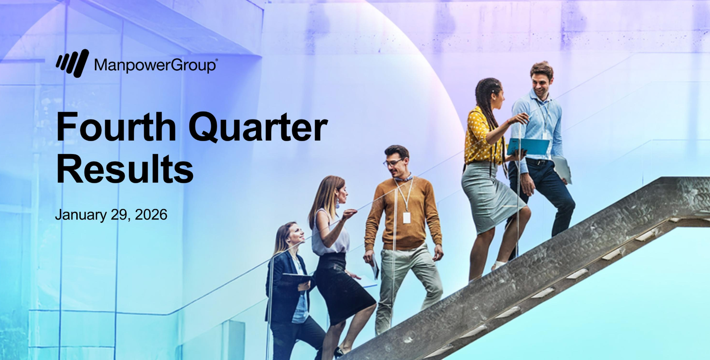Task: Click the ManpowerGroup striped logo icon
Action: coord(73,63)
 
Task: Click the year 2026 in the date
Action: coord(151,215)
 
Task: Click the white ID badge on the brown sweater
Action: coord(406,217)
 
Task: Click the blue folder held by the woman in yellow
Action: coord(528,147)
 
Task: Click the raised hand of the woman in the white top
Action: coord(349,214)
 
